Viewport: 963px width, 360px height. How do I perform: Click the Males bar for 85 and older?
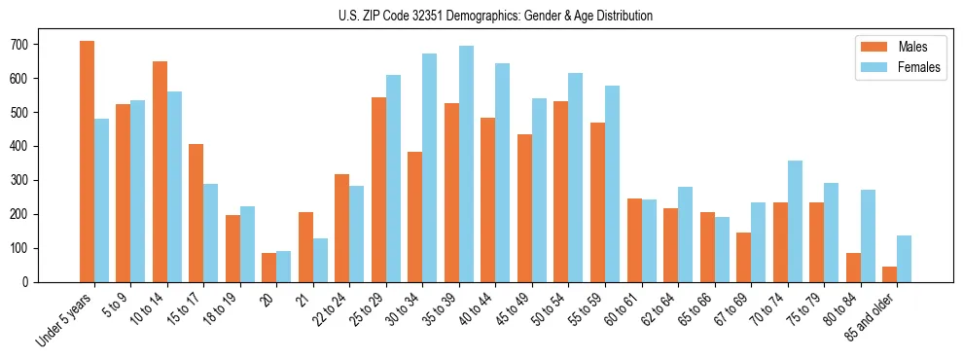[x=889, y=274]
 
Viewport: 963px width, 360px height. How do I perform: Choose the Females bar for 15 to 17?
[x=211, y=233]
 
